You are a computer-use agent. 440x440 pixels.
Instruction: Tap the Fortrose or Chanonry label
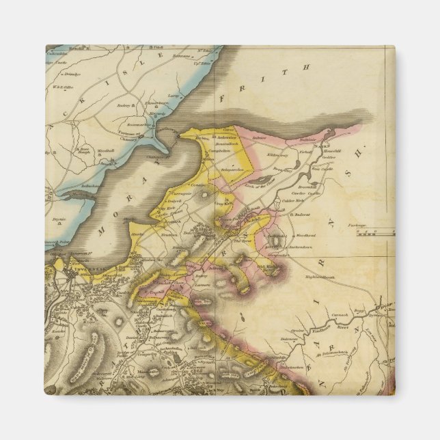(x=137, y=137)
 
